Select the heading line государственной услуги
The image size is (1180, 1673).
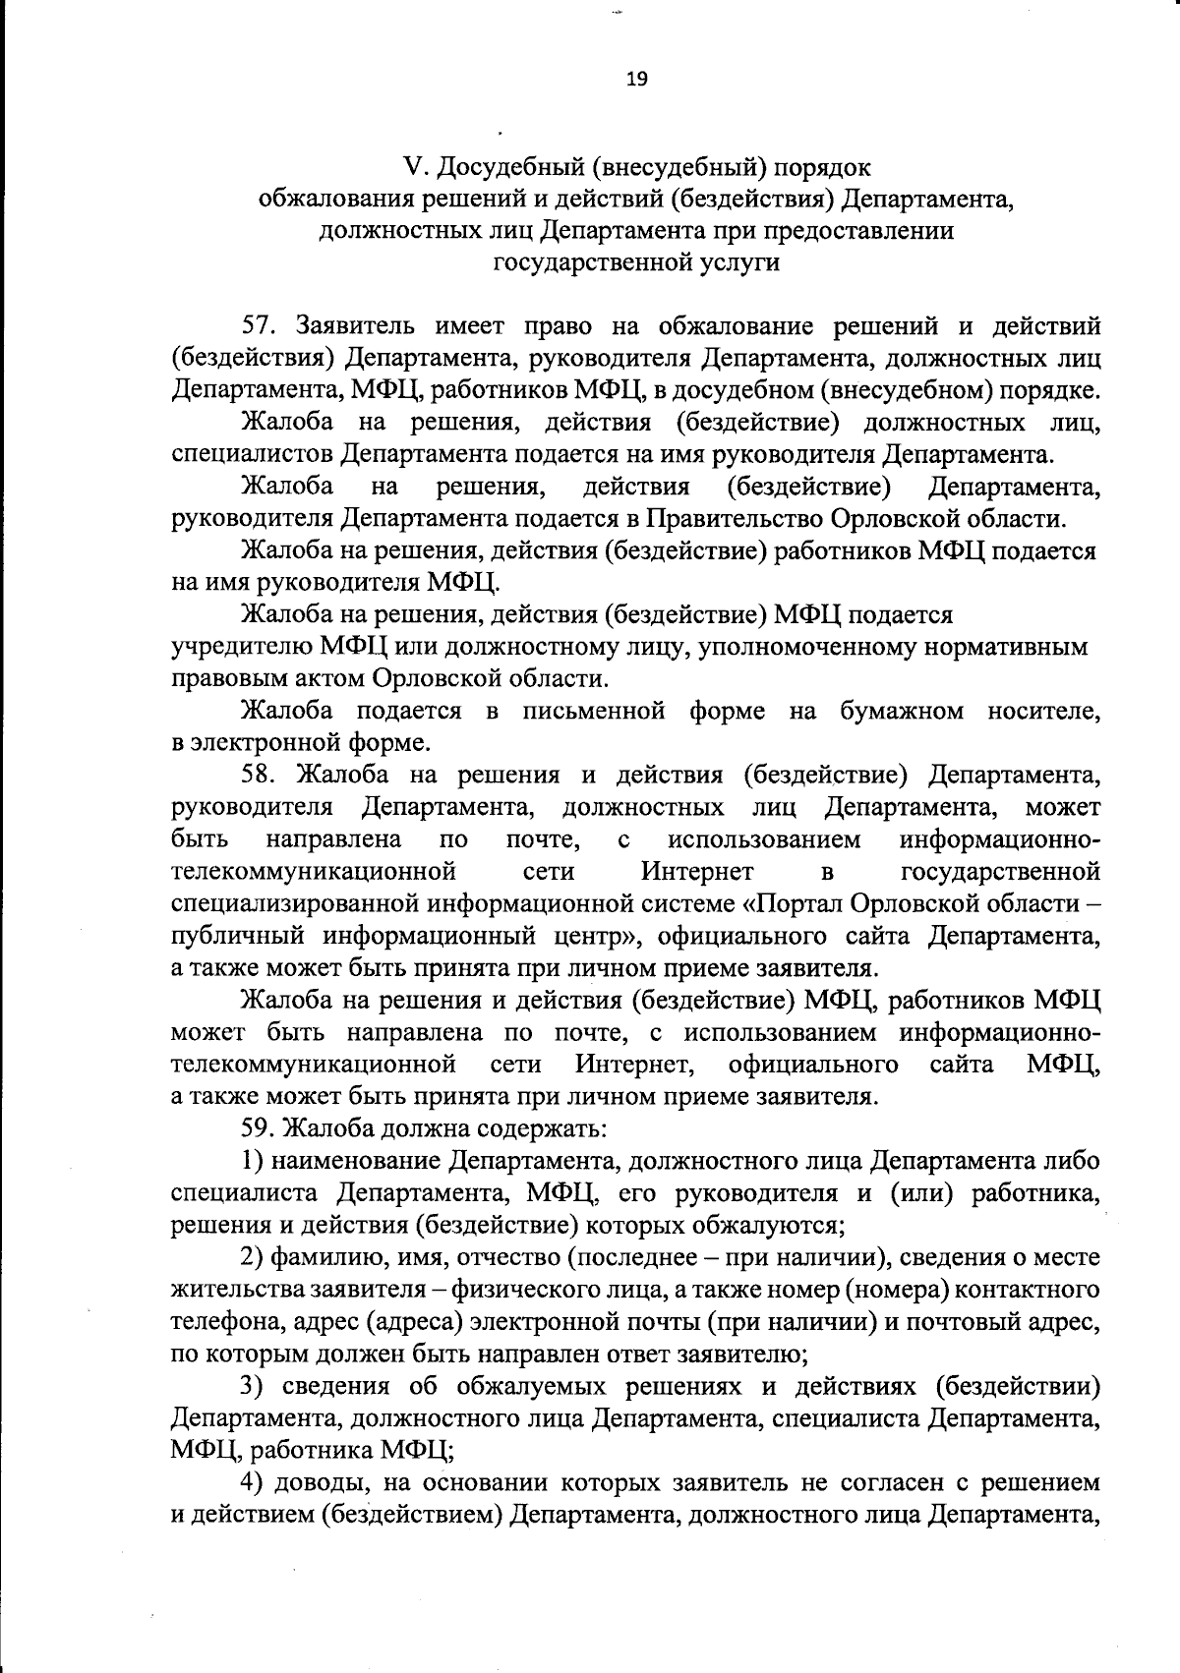(x=636, y=262)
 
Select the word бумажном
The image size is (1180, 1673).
(x=902, y=712)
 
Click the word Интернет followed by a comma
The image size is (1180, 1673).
(x=636, y=1065)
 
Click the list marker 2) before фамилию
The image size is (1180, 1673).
(x=253, y=1257)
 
